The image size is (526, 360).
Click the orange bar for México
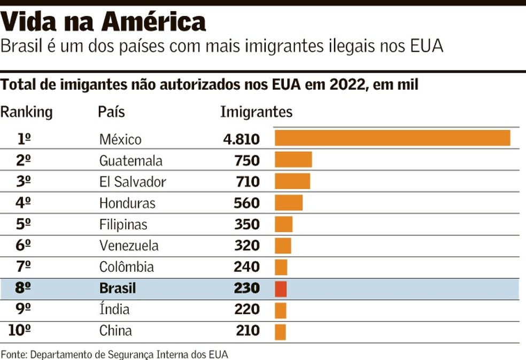click(x=392, y=138)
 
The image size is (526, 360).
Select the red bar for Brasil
click(x=281, y=289)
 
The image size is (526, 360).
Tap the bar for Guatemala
click(x=293, y=160)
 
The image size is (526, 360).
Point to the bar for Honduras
click(x=288, y=203)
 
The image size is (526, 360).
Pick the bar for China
click(x=280, y=332)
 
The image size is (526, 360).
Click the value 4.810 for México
click(x=241, y=139)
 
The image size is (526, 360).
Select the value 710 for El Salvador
click(x=247, y=182)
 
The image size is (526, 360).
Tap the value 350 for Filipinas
click(x=247, y=224)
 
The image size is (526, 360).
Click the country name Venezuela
click(x=129, y=246)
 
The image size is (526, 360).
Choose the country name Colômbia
click(x=127, y=267)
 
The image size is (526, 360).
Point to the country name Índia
click(x=114, y=309)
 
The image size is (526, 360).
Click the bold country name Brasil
click(x=118, y=288)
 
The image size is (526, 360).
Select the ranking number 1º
click(x=24, y=139)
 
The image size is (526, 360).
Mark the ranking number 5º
click(x=24, y=224)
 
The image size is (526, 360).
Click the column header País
click(x=112, y=112)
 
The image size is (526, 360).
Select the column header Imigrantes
click(x=257, y=112)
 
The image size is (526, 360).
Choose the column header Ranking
click(x=26, y=112)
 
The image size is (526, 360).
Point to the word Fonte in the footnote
click(x=14, y=354)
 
